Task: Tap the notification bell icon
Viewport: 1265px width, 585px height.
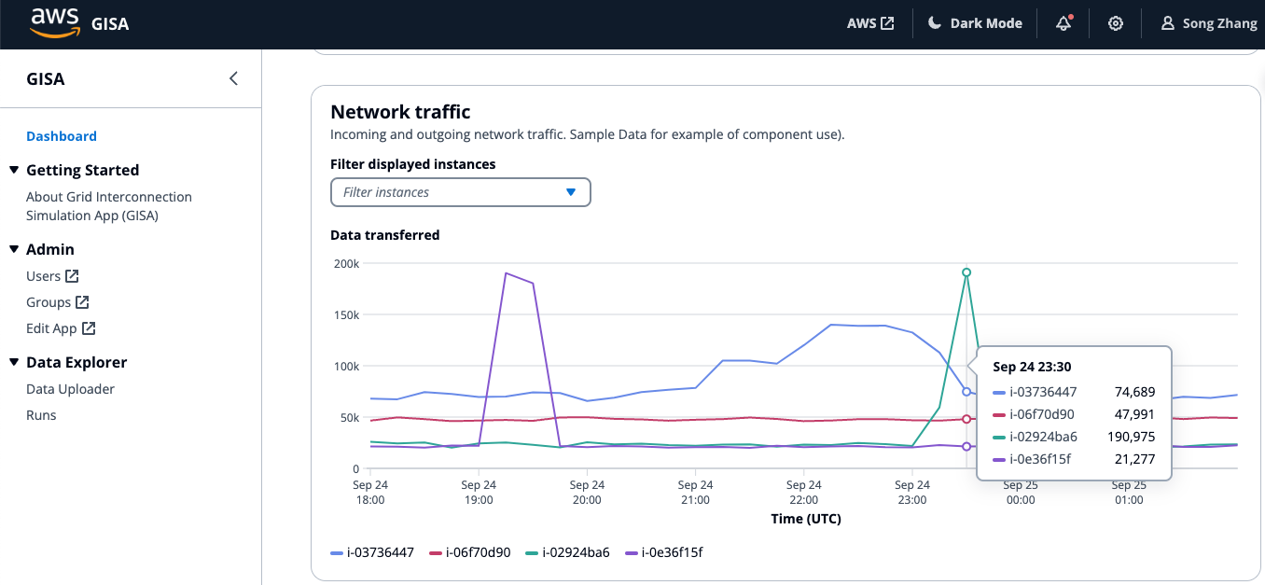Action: coord(1063,24)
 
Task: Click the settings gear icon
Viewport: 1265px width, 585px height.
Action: coord(1116,24)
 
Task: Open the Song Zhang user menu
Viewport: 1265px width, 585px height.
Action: coord(1209,23)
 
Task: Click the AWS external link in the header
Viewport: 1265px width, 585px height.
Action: coord(870,23)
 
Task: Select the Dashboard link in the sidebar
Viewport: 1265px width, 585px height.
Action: coord(62,136)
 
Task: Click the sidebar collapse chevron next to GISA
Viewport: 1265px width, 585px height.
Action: coord(233,78)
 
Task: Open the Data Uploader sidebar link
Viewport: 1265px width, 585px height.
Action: coord(70,389)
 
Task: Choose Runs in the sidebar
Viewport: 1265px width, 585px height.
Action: coord(41,415)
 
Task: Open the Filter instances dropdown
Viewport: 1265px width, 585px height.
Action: coord(461,192)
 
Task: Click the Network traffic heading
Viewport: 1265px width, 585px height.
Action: coord(400,112)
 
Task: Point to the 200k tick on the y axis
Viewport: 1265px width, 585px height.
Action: coord(346,263)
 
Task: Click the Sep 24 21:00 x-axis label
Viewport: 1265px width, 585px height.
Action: coord(695,492)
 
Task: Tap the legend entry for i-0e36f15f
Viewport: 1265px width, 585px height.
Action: coord(664,552)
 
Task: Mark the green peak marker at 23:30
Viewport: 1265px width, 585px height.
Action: coord(966,272)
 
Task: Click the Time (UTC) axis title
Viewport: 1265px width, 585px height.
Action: coord(806,519)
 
